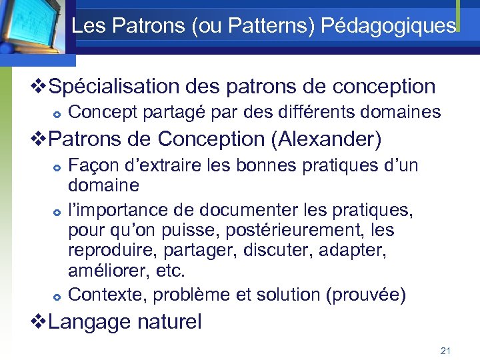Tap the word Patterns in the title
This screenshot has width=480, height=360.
[x=277, y=27]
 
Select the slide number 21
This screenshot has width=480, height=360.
[x=446, y=350]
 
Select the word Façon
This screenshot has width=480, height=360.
[x=91, y=165]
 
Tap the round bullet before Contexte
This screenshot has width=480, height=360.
[x=58, y=295]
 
